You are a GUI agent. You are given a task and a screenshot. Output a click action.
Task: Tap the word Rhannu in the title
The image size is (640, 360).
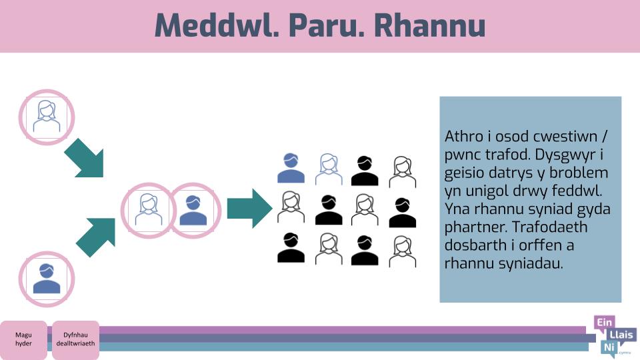430,25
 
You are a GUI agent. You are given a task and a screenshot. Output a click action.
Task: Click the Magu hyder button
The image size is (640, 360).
23,339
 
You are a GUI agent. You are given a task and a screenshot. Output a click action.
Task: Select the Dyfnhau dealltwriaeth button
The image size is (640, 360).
75,339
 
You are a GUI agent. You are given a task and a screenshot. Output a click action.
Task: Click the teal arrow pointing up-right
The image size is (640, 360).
96,237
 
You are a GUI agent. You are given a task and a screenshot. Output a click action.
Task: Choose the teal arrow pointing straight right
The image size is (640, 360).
249,208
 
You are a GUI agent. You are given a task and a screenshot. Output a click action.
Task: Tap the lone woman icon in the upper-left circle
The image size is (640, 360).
47,117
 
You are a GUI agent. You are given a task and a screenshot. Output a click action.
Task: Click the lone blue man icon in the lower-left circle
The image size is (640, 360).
47,279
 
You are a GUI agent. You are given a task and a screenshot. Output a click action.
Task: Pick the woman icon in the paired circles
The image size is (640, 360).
148,210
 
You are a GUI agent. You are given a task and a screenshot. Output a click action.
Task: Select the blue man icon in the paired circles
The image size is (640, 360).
193,210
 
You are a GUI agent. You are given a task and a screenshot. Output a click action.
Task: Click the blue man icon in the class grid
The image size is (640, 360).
291,168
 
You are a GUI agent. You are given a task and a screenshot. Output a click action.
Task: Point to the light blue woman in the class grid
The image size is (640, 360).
329,169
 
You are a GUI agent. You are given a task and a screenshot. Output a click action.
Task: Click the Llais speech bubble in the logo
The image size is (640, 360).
621,335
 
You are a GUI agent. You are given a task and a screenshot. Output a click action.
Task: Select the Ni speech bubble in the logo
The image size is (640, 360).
609,348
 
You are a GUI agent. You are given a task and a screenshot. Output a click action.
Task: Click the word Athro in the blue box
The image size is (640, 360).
465,136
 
